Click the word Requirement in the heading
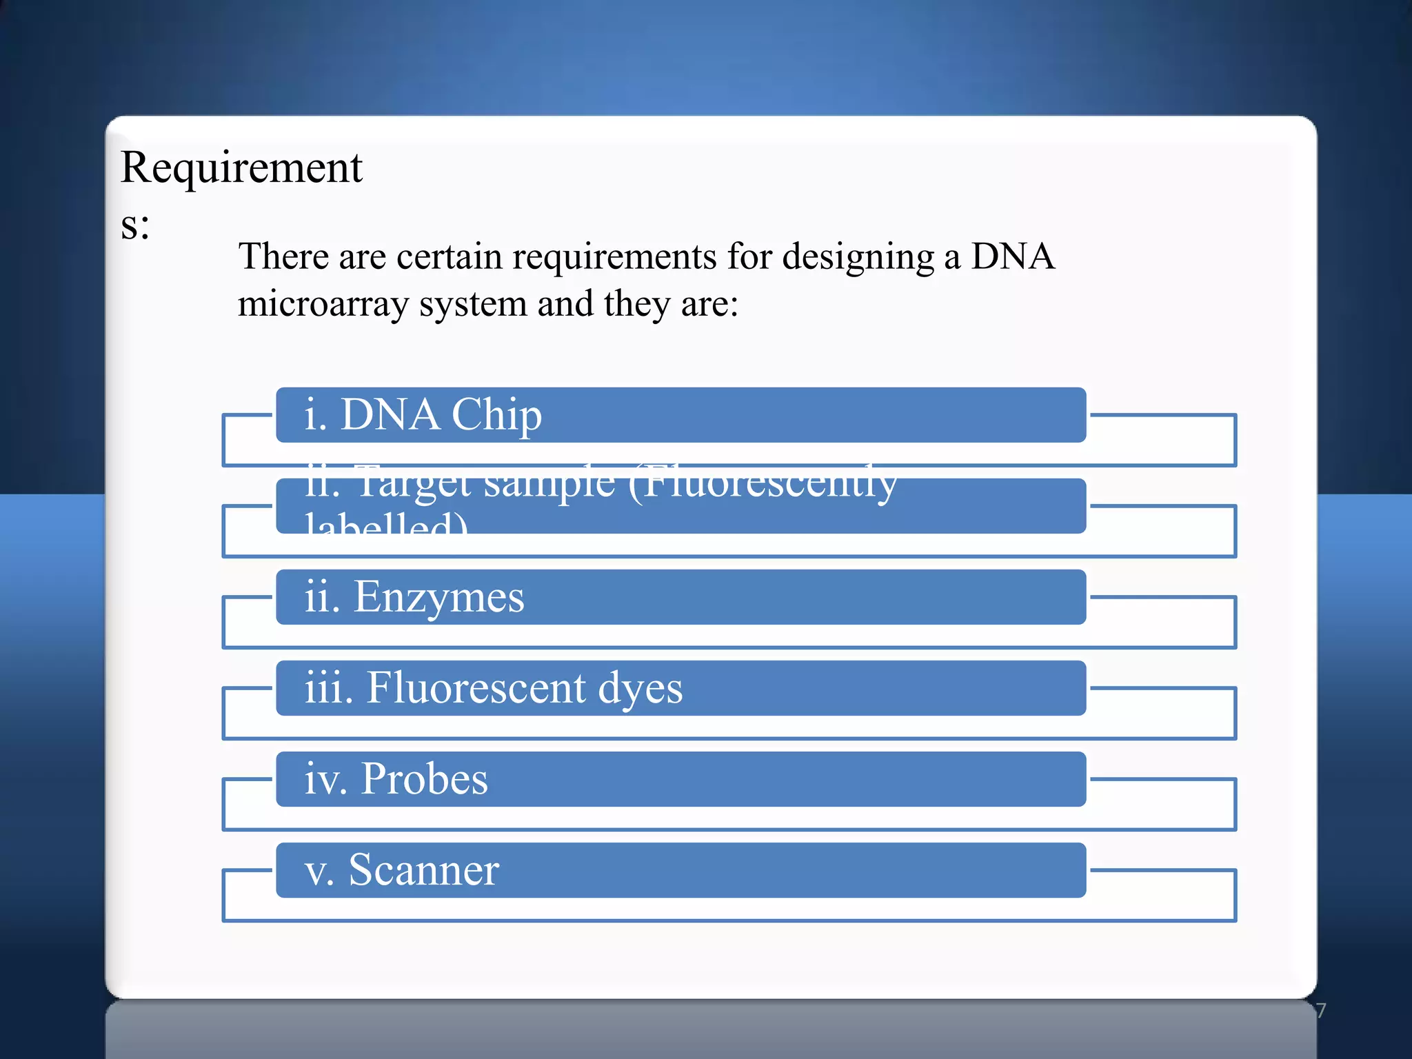tap(241, 168)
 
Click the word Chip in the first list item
tap(496, 415)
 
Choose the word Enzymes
tap(438, 597)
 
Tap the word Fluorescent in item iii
tap(476, 687)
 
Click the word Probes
tap(424, 779)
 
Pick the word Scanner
tap(423, 870)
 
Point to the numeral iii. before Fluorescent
tap(329, 687)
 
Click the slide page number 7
tap(1320, 1011)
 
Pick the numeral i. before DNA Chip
tap(315, 415)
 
